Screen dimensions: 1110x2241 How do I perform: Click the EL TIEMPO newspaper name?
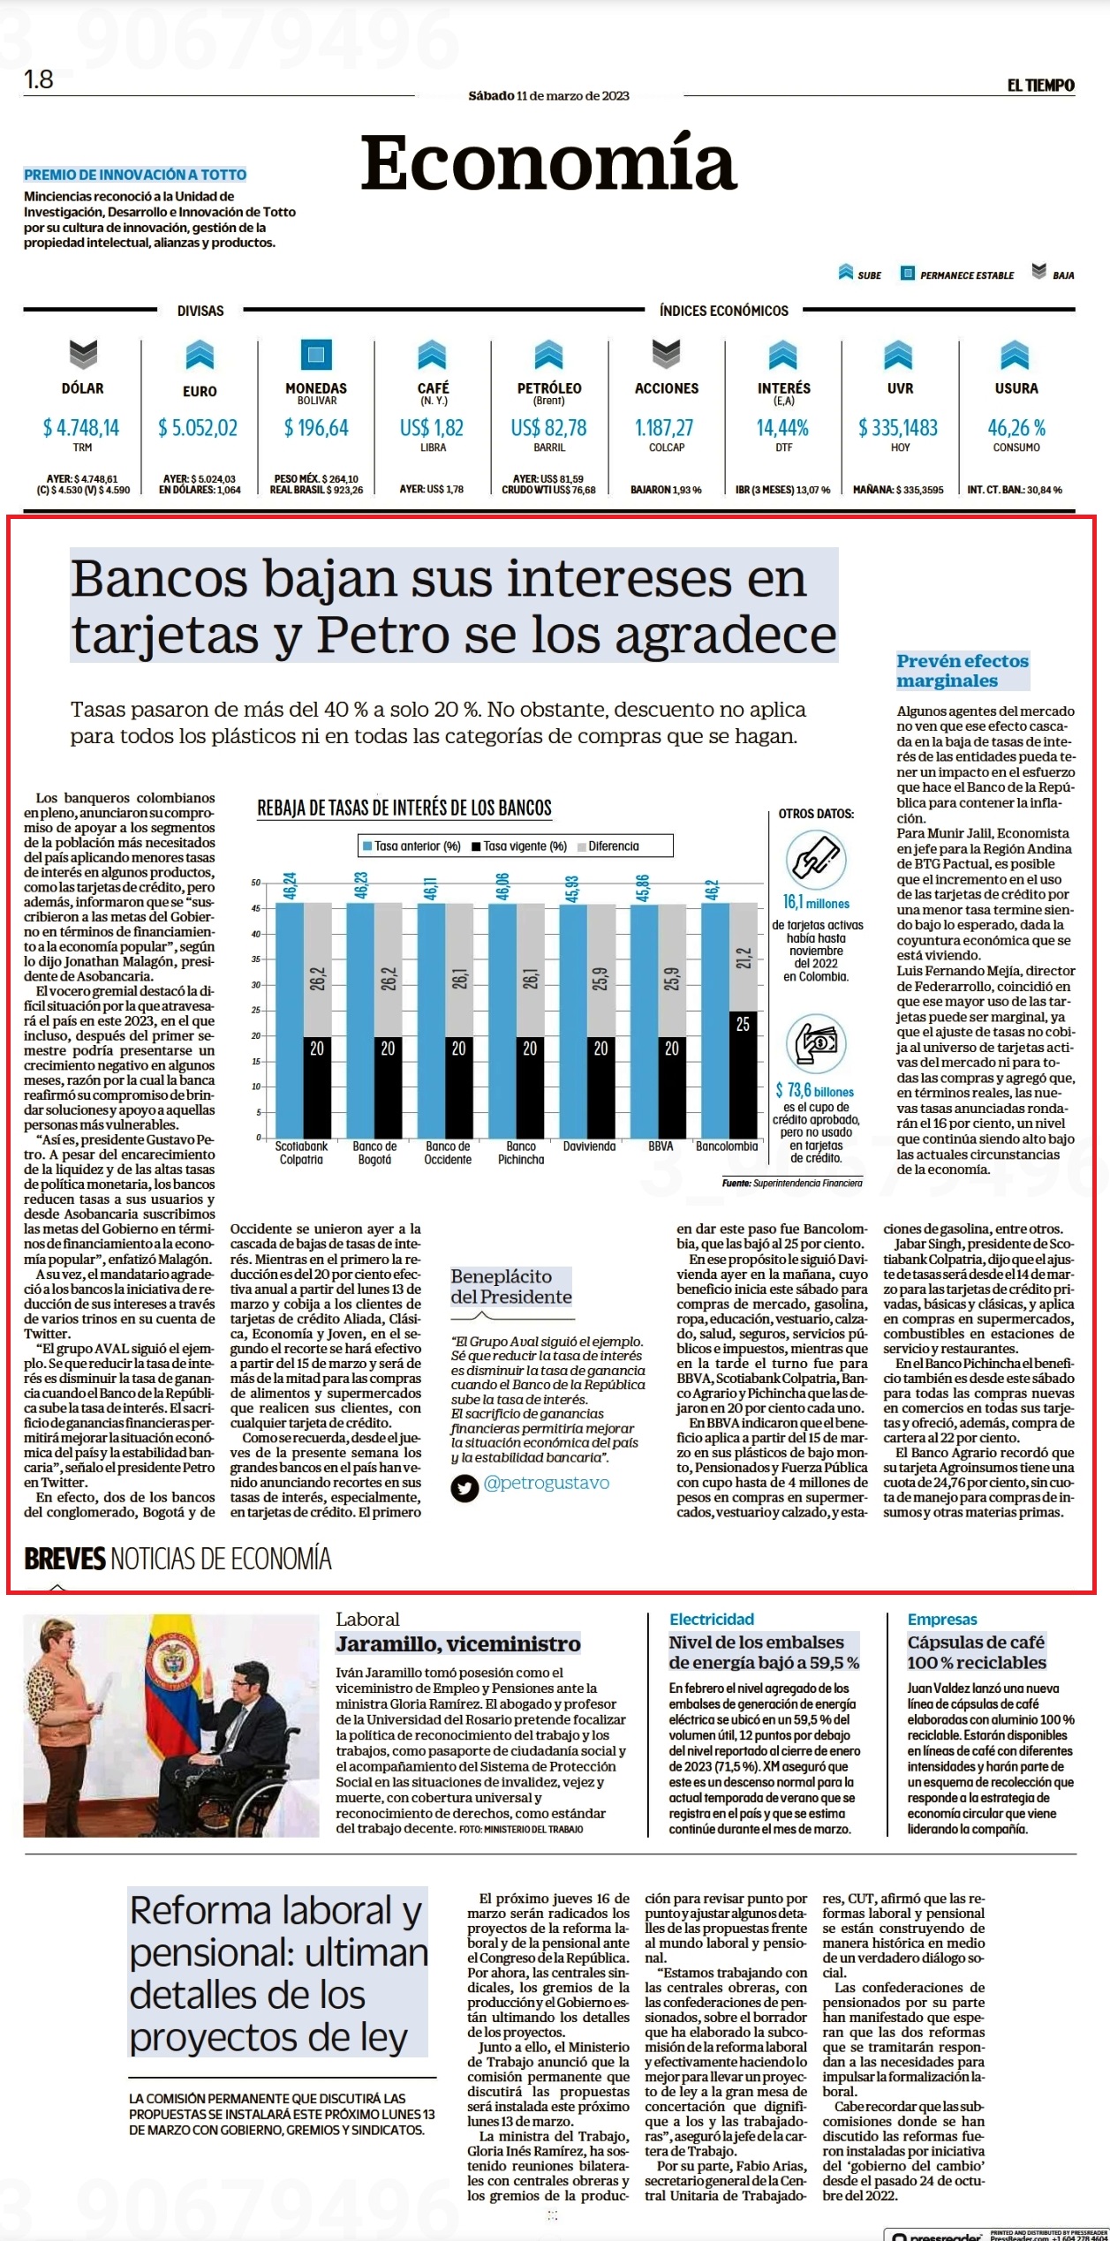tap(1041, 86)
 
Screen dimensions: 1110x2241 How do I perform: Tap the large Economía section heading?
tap(548, 162)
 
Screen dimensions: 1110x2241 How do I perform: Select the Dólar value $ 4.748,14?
tap(81, 428)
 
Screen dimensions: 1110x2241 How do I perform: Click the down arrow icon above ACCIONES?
tap(666, 354)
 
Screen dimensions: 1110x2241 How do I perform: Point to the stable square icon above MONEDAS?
tap(316, 354)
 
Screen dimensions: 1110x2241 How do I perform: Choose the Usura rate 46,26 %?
tap(1016, 428)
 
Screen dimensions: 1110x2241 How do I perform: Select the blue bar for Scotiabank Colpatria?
tap(290, 1020)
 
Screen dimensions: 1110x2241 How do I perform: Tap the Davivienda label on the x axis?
tap(589, 1147)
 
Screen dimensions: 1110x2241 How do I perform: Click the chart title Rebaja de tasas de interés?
tap(404, 808)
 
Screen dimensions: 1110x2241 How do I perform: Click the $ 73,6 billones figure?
tap(815, 1091)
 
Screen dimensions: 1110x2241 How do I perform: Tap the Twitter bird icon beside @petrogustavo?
tap(464, 1489)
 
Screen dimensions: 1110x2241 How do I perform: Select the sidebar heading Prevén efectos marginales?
tap(963, 671)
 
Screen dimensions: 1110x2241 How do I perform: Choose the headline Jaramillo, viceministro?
tap(458, 1643)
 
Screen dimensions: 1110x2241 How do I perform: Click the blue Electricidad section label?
tap(712, 1619)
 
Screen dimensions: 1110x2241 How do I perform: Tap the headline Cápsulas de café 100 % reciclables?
tap(977, 1652)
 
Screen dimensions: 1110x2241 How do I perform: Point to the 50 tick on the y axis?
tap(255, 883)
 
